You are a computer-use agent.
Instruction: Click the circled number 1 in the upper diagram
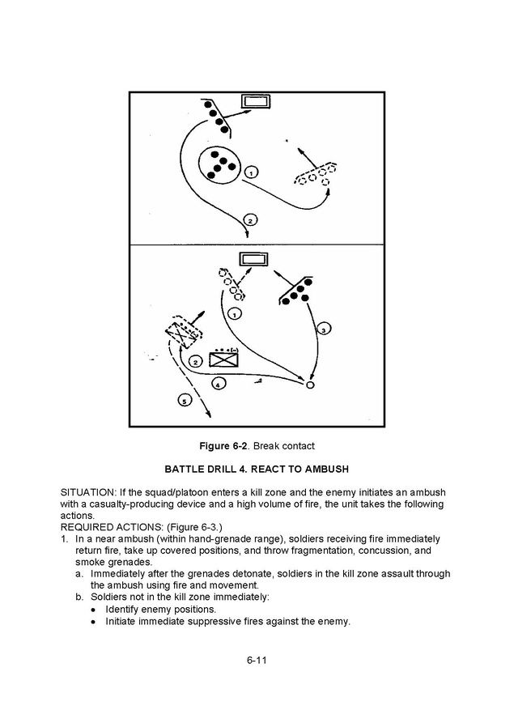coord(251,172)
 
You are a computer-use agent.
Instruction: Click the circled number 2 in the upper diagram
coord(250,220)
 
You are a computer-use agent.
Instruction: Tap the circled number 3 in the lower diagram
coord(323,329)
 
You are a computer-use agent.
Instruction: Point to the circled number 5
coord(184,401)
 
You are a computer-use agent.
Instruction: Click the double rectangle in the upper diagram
coord(257,103)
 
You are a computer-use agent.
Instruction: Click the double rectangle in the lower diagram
coord(253,259)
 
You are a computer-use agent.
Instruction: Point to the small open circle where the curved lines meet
coord(309,384)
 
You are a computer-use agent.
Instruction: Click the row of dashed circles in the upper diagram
coord(316,175)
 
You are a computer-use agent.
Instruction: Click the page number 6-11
coord(257,660)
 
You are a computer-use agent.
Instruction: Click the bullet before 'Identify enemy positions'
coord(94,609)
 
